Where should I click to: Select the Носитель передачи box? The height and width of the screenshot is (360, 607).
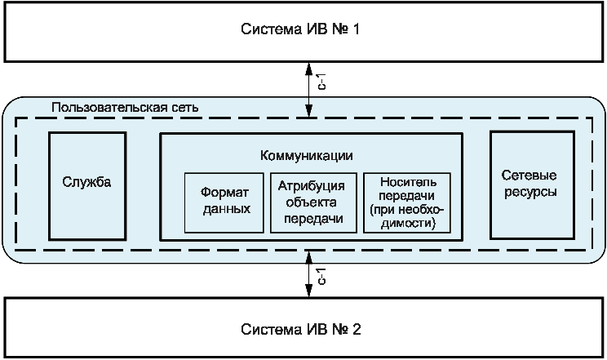click(x=405, y=202)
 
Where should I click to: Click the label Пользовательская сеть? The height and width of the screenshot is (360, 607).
click(x=124, y=107)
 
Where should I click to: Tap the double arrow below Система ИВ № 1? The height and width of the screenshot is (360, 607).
click(x=308, y=87)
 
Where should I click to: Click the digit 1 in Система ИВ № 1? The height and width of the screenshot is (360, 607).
click(x=356, y=30)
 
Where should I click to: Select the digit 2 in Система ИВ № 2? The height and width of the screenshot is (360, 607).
click(x=357, y=330)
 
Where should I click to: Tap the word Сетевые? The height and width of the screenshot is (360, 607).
click(x=529, y=177)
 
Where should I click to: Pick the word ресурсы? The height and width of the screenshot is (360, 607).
click(x=529, y=193)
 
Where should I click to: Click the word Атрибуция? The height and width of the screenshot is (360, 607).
click(x=316, y=185)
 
